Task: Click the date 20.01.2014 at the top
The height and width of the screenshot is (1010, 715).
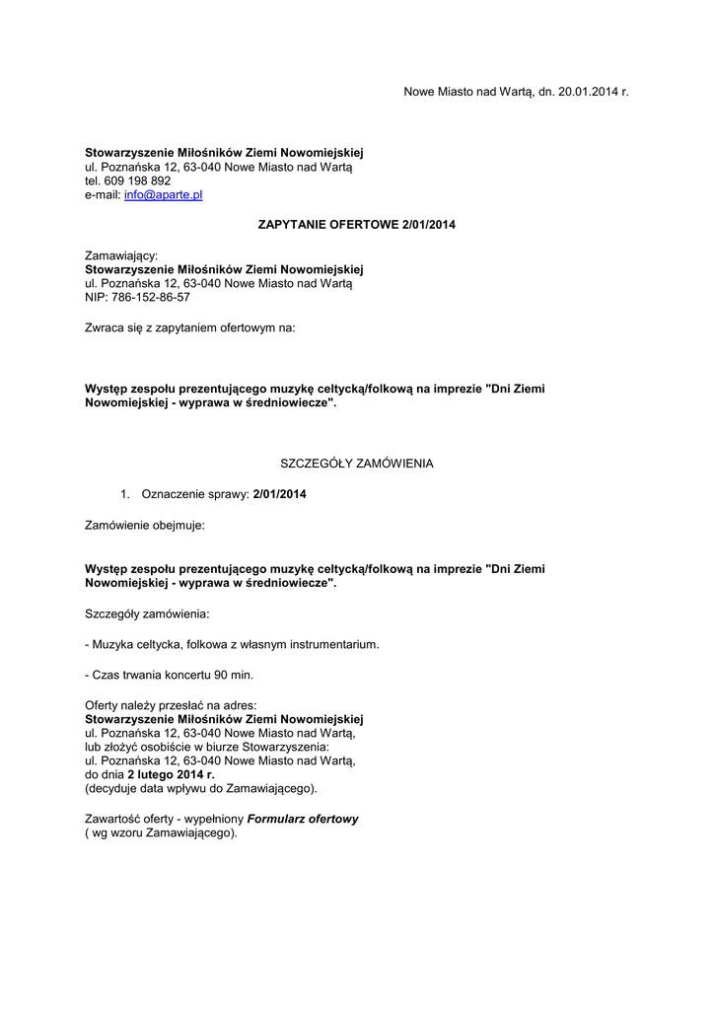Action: click(589, 92)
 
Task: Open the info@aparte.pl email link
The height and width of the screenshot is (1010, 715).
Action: click(163, 195)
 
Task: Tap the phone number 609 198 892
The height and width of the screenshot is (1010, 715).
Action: click(137, 181)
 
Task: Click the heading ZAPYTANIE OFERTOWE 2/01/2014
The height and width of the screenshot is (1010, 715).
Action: click(356, 225)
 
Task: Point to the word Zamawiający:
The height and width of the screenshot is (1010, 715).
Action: click(121, 254)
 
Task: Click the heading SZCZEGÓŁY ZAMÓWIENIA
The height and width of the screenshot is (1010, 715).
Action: click(357, 463)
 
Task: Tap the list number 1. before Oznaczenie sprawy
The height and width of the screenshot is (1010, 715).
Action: click(125, 494)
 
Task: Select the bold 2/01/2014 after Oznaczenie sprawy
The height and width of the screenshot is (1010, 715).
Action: click(279, 494)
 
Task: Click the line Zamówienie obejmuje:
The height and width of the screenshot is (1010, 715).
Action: click(145, 526)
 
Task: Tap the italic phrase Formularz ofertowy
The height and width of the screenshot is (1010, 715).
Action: click(303, 819)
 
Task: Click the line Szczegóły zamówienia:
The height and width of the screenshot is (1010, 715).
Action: click(147, 613)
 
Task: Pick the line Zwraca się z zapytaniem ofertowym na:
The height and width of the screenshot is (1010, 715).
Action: click(189, 326)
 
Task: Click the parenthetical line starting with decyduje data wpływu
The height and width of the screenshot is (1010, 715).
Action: click(201, 789)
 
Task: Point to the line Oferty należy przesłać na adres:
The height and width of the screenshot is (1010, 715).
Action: click(171, 705)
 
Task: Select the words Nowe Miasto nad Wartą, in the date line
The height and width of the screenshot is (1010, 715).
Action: click(468, 92)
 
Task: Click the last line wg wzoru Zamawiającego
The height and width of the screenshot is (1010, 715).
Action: click(162, 833)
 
